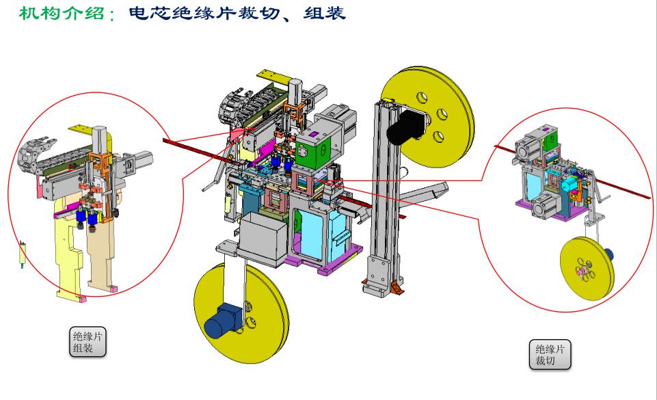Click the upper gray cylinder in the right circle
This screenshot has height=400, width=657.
click(530, 148)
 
